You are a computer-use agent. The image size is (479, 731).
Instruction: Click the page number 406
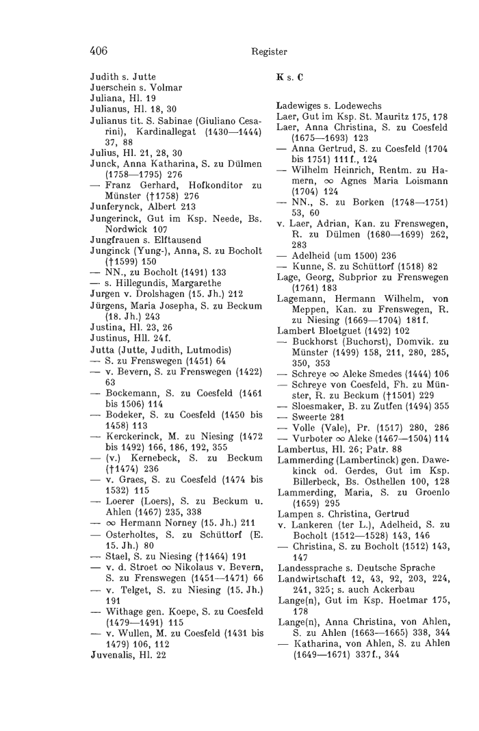click(99, 50)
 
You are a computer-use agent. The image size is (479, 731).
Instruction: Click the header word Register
click(269, 51)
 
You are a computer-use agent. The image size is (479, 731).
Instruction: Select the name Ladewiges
click(303, 107)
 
